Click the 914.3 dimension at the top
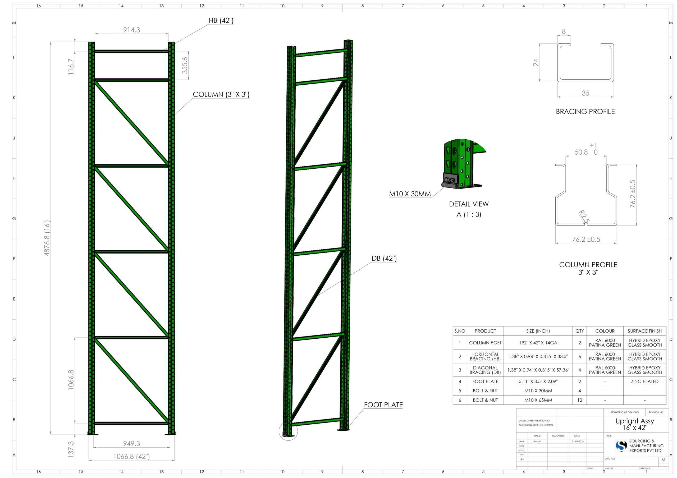tap(131, 30)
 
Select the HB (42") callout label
tap(221, 21)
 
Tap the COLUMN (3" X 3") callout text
tap(221, 95)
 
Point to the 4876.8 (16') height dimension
tap(47, 238)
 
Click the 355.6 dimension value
tap(185, 65)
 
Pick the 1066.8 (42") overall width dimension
tap(131, 457)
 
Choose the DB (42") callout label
tap(384, 259)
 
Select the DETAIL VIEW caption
tap(469, 204)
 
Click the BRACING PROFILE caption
tap(585, 112)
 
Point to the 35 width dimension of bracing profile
tap(585, 93)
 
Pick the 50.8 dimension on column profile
tap(581, 152)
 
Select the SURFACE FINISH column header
tap(644, 331)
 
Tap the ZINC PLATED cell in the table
tap(644, 381)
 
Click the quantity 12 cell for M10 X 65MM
tap(579, 400)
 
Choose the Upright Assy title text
tap(634, 421)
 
